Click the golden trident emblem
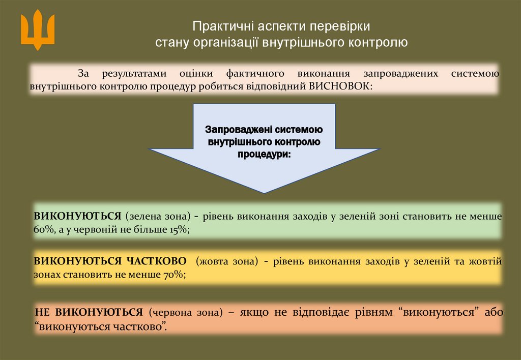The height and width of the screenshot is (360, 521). (x=37, y=31)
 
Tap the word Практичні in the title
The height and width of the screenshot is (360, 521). (x=219, y=26)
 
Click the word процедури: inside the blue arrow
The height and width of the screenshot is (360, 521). (x=265, y=153)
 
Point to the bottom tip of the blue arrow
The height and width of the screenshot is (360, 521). (x=264, y=192)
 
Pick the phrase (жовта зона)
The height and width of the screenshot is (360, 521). (x=224, y=261)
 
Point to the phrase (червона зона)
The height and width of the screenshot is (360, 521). (x=186, y=312)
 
